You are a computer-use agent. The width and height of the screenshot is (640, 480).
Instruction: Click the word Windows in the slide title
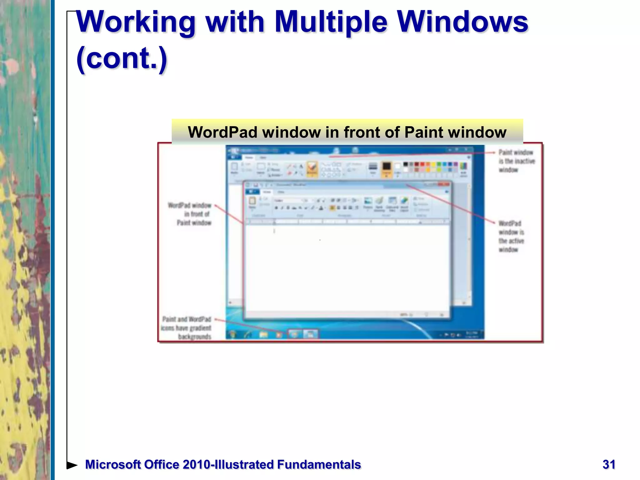point(462,22)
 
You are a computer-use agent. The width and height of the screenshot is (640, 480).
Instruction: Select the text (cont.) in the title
point(122,59)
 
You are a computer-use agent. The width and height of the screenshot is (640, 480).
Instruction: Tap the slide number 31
point(609,464)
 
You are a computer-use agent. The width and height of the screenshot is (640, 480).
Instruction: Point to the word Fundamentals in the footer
point(319,465)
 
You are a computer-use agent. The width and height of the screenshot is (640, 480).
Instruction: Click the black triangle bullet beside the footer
point(72,465)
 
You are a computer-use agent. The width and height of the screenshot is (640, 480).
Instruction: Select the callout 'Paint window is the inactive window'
point(516,161)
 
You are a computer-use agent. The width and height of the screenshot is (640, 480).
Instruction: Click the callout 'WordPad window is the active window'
point(511,236)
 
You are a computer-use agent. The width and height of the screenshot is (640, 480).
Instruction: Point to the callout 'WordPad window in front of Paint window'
point(190,214)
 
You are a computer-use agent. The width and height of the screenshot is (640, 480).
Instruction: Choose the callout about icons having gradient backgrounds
point(187,328)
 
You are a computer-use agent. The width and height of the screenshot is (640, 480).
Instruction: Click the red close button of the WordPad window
point(444,184)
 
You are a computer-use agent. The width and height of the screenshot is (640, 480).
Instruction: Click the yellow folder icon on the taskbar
point(263,335)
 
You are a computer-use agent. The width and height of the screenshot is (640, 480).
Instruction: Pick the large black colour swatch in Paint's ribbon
point(387,167)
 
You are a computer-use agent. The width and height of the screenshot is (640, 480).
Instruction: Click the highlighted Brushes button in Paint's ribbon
point(312,168)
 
